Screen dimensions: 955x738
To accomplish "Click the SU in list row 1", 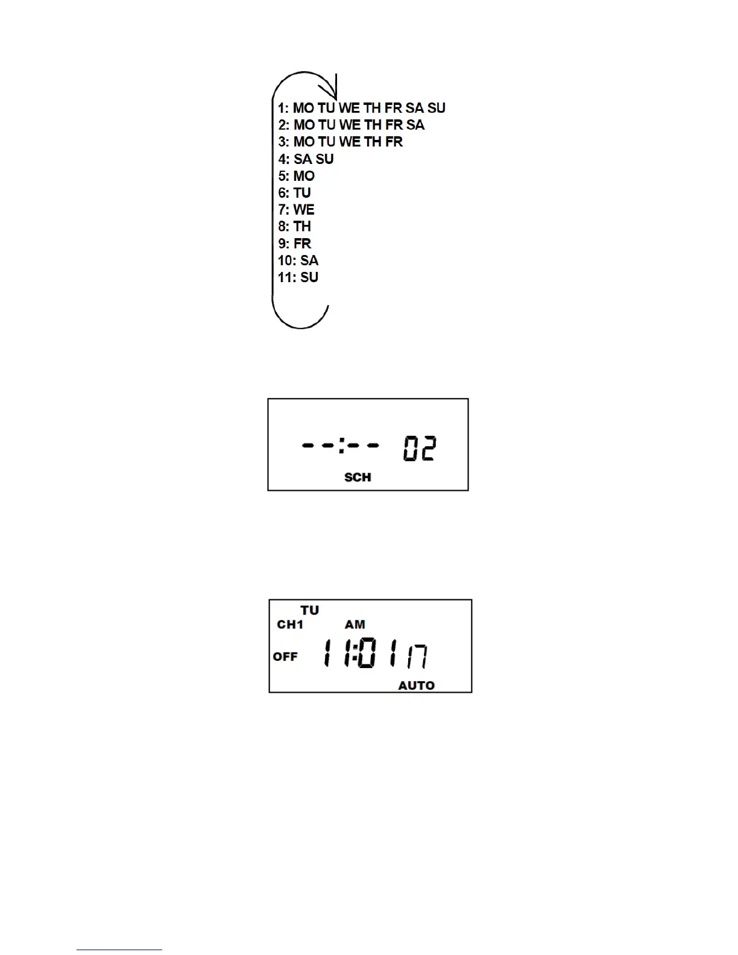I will coord(437,108).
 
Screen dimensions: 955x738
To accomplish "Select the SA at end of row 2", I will coord(415,125).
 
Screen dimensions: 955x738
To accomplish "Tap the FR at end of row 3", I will coord(394,142).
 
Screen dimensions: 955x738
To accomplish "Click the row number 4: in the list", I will coord(284,159).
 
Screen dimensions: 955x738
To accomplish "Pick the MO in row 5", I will coord(304,176).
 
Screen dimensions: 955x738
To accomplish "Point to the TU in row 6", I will coord(302,193).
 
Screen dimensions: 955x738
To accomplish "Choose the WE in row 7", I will coord(304,210).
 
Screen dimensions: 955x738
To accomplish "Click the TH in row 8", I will coord(302,227).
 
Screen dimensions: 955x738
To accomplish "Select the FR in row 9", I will coord(302,244).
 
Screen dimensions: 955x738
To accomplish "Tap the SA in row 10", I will coord(309,260).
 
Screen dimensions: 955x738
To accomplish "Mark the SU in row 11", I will coord(309,277).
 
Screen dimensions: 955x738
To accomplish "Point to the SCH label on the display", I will coord(358,478).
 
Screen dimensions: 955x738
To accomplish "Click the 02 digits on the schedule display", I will coord(420,449).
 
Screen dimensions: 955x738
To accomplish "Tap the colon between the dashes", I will coord(341,446).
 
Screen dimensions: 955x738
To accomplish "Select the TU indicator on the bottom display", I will coord(310,611).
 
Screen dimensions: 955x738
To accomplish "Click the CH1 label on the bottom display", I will coord(290,625).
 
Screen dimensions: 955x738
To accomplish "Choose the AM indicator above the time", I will coord(355,625).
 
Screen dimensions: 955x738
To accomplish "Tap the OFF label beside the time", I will coord(285,657).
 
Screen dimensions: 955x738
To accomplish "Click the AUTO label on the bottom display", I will coord(417,686).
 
